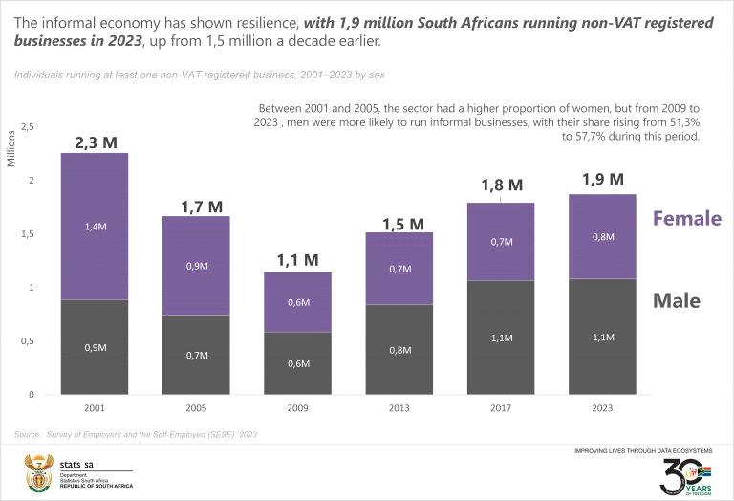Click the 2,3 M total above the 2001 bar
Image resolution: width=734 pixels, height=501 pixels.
coord(96,142)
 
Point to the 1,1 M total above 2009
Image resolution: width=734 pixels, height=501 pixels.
coord(297,260)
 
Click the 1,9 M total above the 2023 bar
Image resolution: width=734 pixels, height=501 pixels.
coord(602,179)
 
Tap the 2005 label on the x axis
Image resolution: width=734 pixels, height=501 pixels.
coord(196,408)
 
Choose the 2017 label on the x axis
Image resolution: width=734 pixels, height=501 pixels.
coord(500,408)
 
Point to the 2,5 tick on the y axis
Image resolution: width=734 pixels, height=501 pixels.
coord(28,127)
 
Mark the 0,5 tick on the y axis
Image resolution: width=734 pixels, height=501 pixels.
coord(28,341)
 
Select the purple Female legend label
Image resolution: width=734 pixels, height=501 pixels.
coord(686,218)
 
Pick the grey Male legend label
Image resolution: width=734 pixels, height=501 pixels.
coord(676,301)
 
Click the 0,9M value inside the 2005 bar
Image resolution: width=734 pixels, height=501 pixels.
coord(196,267)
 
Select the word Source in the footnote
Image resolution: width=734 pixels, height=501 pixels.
coord(28,434)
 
